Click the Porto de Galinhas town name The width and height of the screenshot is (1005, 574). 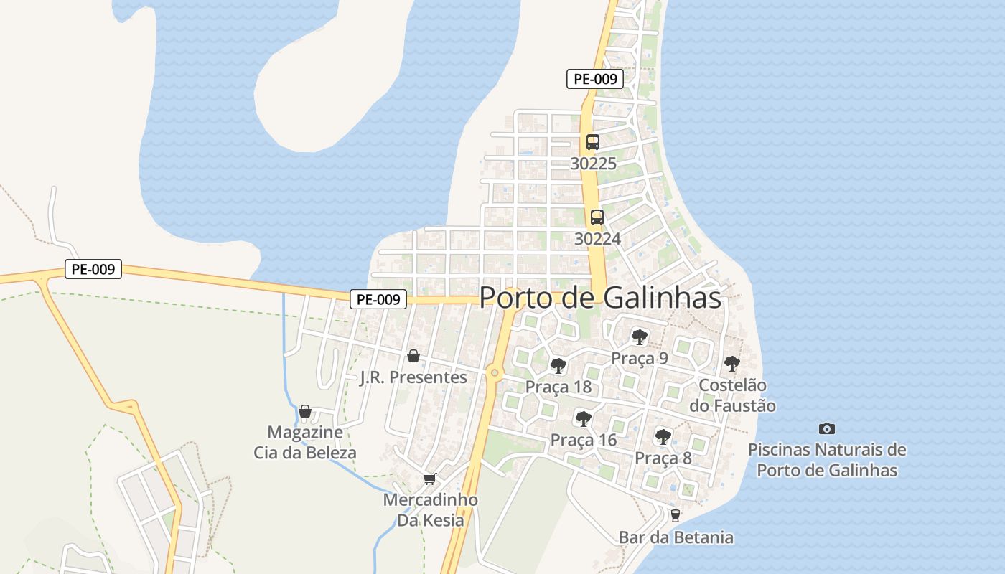[600, 297]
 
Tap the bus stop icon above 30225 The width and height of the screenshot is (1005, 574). [592, 142]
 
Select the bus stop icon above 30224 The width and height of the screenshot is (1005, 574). [597, 217]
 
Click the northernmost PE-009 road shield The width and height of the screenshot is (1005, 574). [594, 79]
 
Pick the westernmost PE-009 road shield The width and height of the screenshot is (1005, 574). [93, 269]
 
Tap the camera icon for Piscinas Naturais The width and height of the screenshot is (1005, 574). [827, 428]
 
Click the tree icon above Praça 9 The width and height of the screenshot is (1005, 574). [639, 337]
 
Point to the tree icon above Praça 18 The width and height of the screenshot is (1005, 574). [558, 366]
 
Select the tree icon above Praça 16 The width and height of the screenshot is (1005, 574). [583, 418]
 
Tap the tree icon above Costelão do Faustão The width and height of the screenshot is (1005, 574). [731, 364]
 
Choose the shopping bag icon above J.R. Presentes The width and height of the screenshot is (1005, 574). [413, 356]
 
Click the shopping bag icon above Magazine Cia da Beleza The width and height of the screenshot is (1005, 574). [305, 411]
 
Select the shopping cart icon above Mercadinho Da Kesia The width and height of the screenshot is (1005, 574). [429, 479]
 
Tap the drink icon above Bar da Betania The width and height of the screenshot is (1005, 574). [675, 515]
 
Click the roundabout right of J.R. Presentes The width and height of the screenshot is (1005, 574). [494, 372]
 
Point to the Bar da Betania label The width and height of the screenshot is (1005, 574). [676, 537]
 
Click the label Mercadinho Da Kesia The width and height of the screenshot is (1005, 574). [431, 509]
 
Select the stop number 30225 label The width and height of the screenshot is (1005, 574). [593, 164]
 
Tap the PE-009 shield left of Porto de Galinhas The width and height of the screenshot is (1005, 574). [378, 299]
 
